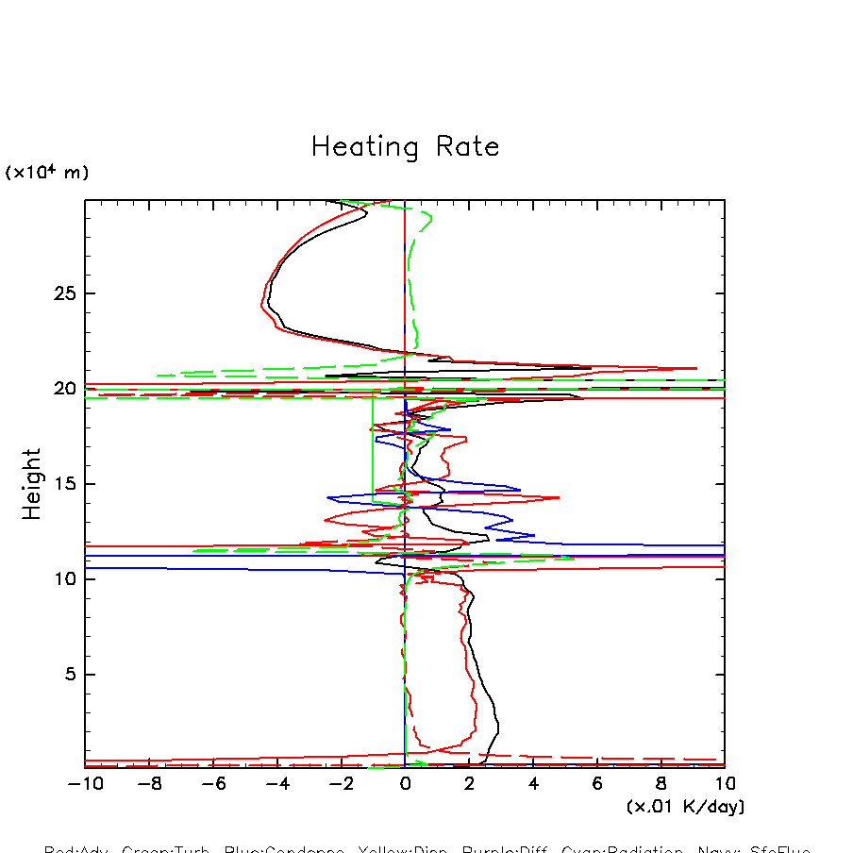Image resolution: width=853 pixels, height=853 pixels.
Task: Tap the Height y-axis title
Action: click(x=32, y=483)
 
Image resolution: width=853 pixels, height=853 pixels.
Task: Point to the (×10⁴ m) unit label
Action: click(x=47, y=173)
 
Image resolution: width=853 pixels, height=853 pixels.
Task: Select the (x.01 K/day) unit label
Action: click(x=685, y=807)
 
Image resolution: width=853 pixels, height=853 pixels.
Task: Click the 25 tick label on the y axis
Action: click(x=64, y=293)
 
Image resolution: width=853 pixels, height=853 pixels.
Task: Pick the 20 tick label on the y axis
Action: click(x=64, y=389)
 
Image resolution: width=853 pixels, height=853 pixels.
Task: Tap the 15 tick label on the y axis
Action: click(x=64, y=484)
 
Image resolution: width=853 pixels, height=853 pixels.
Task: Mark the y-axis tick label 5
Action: click(x=69, y=675)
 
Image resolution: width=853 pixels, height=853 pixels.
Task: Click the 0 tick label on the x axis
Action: click(x=405, y=783)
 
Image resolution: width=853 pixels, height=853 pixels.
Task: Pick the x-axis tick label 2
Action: click(x=469, y=783)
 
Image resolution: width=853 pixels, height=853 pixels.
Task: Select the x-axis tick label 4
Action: click(x=533, y=783)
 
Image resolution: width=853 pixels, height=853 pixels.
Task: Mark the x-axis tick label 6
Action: click(x=597, y=783)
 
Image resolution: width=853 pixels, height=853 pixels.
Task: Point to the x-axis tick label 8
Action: click(x=661, y=783)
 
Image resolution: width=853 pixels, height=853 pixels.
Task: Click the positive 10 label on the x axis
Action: click(x=724, y=783)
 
